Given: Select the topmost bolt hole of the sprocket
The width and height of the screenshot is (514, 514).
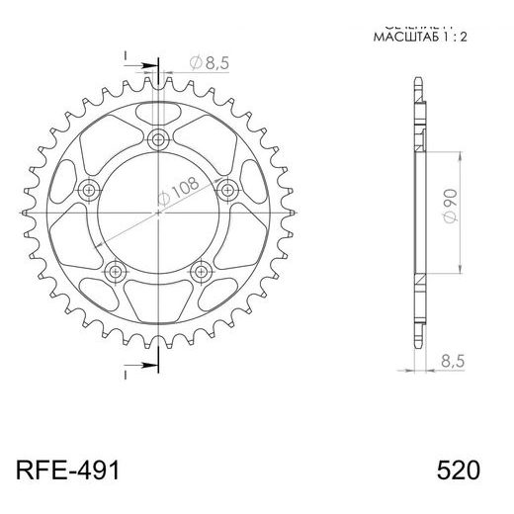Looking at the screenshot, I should (158, 138).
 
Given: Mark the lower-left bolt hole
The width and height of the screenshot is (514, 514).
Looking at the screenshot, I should (117, 269).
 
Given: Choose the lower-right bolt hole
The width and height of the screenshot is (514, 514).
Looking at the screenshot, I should (201, 269).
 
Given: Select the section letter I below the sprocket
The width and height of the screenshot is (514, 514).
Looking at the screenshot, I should (127, 375).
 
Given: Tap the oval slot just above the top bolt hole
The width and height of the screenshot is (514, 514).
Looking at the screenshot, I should (158, 110).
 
